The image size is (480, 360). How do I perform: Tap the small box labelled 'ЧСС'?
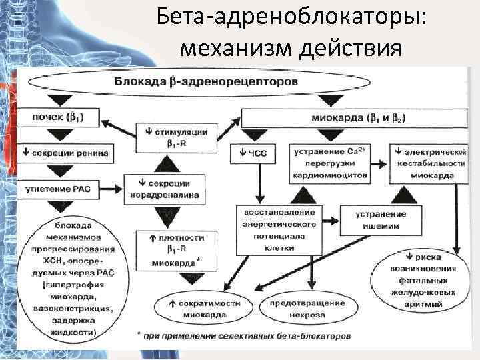258,153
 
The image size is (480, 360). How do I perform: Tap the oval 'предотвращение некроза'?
306,308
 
